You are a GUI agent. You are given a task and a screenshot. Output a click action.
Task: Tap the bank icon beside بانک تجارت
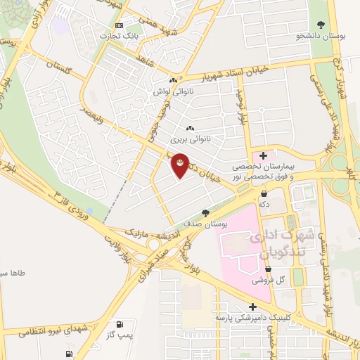click(118, 25)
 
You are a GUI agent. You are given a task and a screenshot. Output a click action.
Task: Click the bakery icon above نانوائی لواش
click(173, 81)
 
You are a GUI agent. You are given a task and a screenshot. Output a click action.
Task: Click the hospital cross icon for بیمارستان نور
click(264, 155)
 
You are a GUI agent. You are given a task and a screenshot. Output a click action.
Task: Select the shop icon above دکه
click(264, 193)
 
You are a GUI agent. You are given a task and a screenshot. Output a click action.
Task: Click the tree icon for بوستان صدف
click(205, 212)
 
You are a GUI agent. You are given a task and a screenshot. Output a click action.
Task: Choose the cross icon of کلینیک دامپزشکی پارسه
click(252, 307)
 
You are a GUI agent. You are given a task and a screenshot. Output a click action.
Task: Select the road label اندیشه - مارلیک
click(148, 231)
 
